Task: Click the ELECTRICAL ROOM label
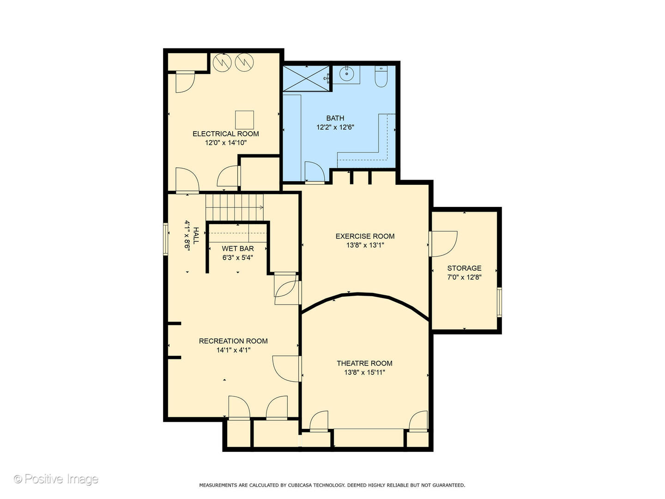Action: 225,134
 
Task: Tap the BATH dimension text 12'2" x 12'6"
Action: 335,127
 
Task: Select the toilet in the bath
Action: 381,77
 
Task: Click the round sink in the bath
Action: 346,74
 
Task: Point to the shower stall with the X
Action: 306,78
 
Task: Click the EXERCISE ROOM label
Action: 365,236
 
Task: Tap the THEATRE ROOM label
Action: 364,363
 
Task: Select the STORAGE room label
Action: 464,268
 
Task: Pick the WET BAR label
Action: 237,249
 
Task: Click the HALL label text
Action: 196,236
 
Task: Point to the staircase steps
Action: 234,207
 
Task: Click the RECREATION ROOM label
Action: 233,341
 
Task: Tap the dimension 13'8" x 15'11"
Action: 364,372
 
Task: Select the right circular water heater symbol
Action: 244,61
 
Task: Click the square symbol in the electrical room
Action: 244,120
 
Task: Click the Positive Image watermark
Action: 56,479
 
